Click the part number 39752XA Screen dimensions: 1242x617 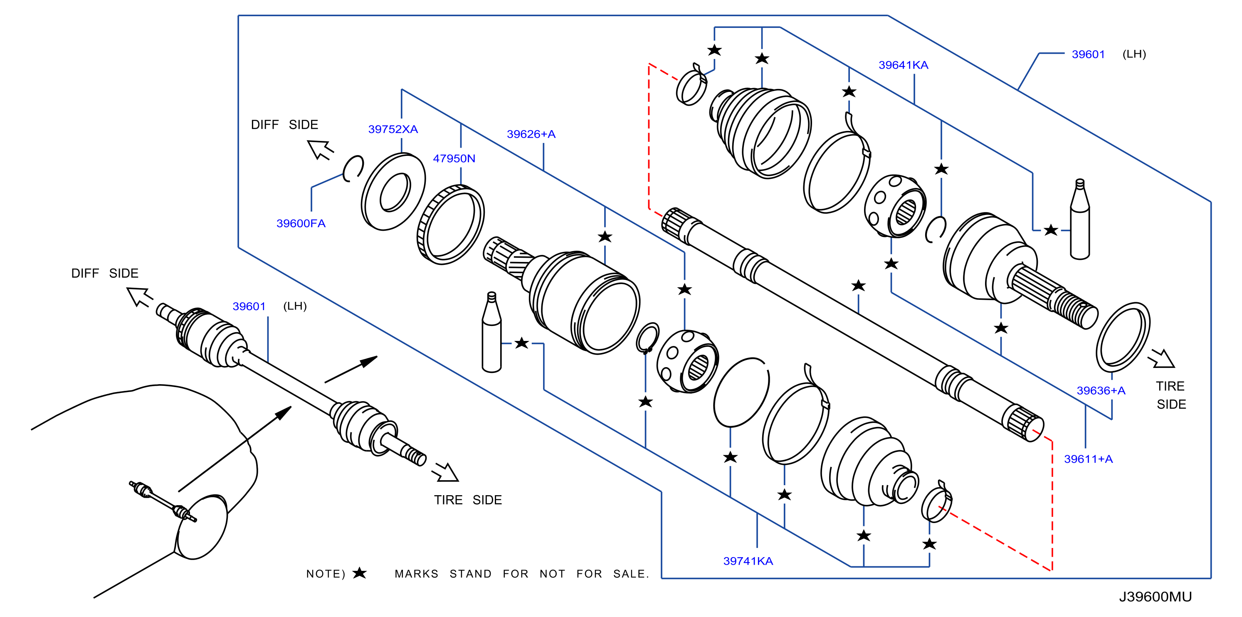(393, 129)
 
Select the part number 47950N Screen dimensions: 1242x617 (454, 158)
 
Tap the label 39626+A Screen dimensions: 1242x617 (531, 134)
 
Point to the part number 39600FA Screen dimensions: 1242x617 (301, 223)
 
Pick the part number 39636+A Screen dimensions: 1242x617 (1101, 390)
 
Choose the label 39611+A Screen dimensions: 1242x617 (1088, 459)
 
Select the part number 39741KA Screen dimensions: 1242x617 (748, 561)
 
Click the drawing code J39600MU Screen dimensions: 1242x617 (1155, 597)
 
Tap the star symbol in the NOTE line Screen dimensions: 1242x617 (359, 573)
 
